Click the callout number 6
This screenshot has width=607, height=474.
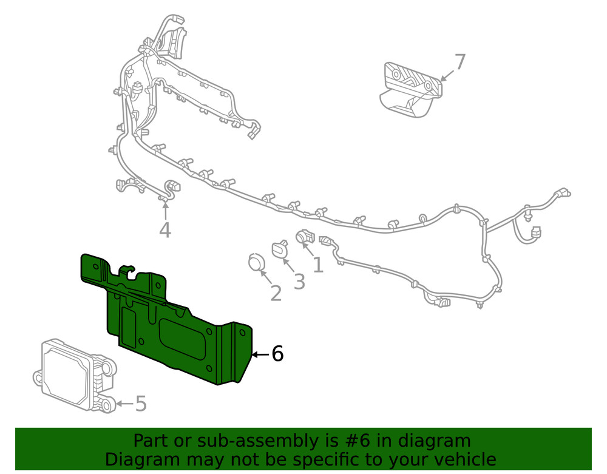click(277, 354)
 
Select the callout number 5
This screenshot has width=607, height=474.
click(140, 404)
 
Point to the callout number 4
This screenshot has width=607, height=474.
click(164, 230)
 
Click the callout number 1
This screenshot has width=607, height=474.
click(317, 265)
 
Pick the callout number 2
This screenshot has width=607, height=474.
click(276, 294)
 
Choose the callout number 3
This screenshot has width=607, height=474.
click(299, 282)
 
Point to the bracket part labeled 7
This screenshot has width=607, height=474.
click(410, 88)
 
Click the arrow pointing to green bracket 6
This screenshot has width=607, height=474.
click(259, 354)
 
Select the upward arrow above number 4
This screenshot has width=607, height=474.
click(164, 210)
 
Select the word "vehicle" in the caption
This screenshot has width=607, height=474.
click(461, 459)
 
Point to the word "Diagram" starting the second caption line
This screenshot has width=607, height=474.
click(142, 459)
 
